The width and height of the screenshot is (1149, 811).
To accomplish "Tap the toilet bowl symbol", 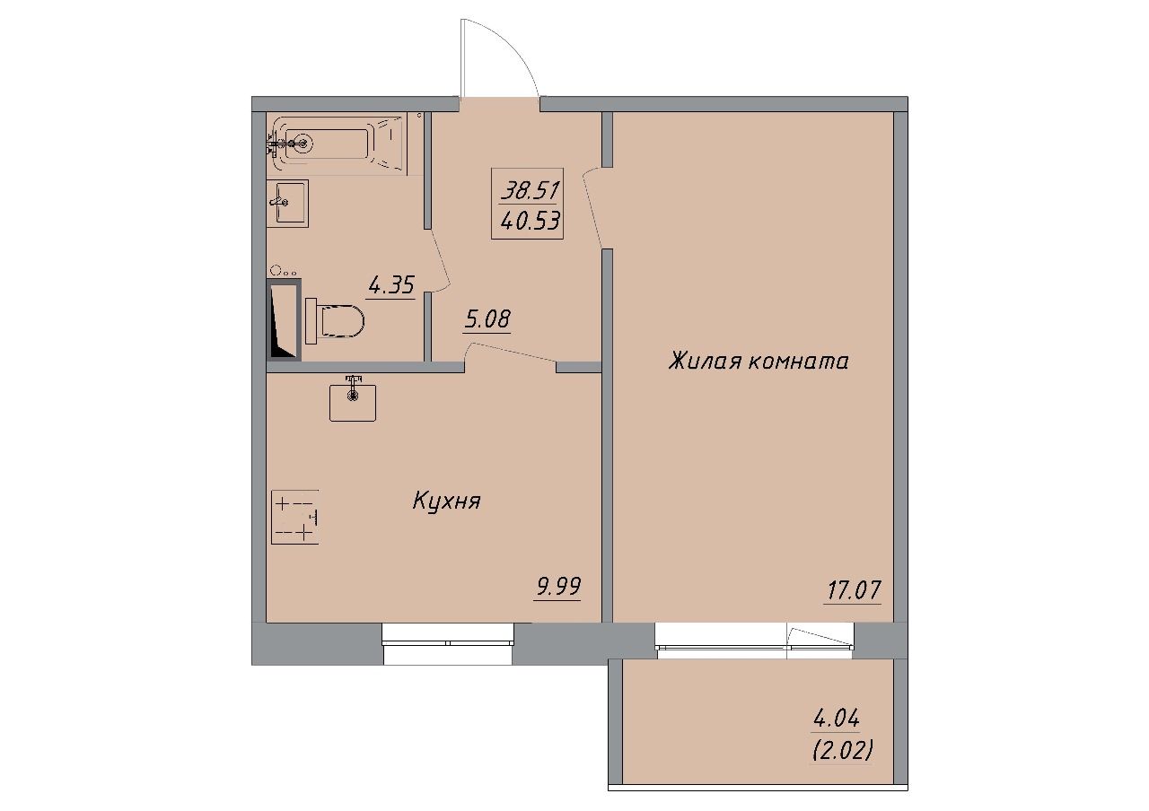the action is pos(335,321).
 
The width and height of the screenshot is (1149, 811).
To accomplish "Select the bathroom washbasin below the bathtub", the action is pos(287,204).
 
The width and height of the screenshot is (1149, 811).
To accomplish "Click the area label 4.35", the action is pos(390,286).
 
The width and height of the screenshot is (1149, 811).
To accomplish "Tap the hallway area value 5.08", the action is pos(487,320).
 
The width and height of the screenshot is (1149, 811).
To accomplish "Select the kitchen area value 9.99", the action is pos(558,587).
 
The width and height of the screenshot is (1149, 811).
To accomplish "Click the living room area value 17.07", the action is pos(853,590).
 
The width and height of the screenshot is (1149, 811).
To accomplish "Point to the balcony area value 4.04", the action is pos(836,719).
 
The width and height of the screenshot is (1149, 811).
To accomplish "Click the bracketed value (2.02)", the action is pos(842,752).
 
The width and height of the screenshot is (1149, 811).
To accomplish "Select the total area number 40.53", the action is pos(531,222).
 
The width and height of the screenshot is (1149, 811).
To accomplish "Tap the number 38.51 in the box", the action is pos(531,191).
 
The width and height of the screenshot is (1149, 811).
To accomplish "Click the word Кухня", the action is pos(446,501).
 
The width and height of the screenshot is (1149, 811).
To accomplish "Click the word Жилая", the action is pos(704,362).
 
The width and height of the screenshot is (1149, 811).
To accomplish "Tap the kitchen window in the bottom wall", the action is pos(448,643).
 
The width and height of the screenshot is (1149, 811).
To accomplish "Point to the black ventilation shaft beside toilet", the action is pos(284,319).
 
